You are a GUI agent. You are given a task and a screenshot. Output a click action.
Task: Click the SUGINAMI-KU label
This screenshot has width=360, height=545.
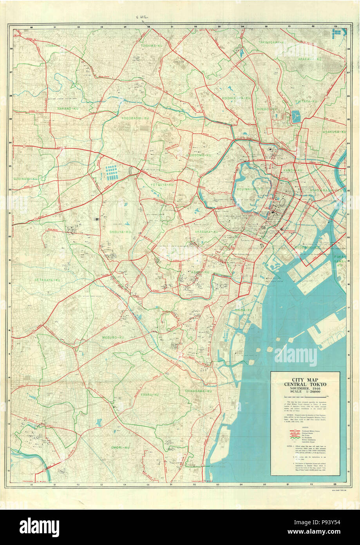26,178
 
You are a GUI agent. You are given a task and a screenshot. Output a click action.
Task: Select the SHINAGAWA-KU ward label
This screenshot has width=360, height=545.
198,391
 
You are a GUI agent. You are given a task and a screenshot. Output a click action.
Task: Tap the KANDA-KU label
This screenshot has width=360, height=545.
293,171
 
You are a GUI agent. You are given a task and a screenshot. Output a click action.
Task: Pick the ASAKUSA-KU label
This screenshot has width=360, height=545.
334,132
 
